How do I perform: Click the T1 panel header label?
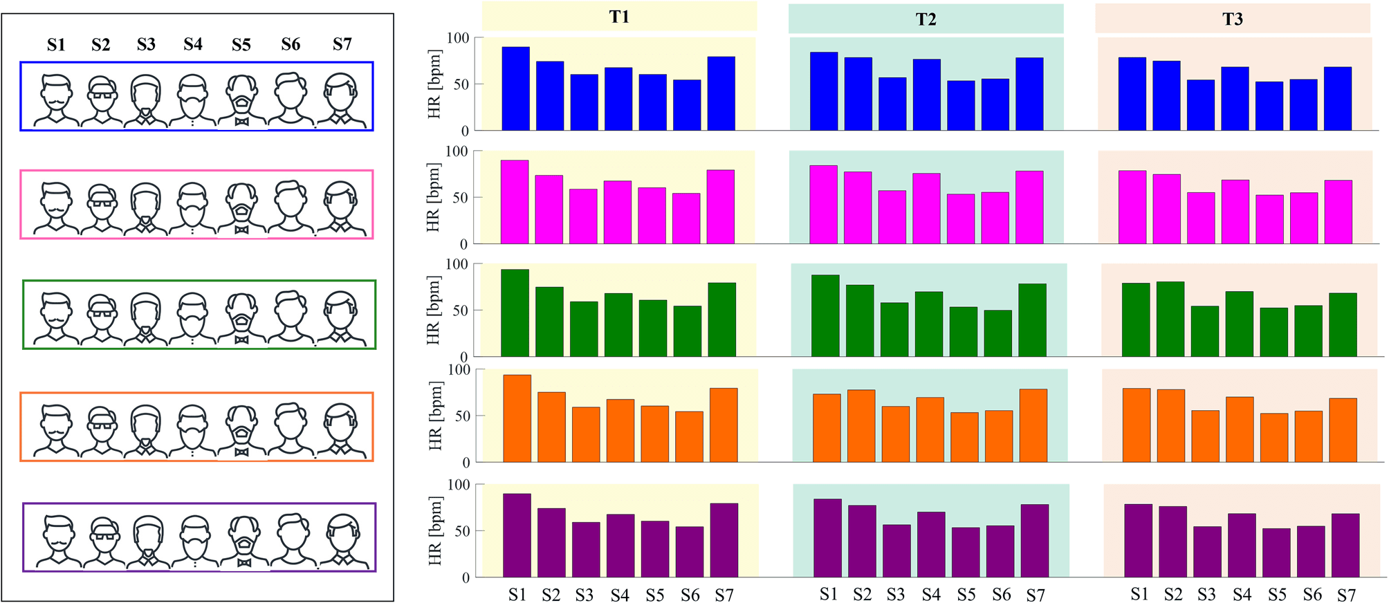(x=619, y=17)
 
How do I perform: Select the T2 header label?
(x=926, y=19)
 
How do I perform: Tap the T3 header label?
(x=1232, y=19)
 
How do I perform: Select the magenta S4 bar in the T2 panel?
(x=926, y=209)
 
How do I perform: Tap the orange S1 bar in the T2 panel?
(x=827, y=428)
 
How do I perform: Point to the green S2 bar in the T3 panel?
(x=1170, y=319)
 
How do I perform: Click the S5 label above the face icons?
(x=241, y=45)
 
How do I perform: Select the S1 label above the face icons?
(x=56, y=45)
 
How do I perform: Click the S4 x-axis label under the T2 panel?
(x=931, y=595)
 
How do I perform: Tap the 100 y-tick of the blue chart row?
(x=457, y=38)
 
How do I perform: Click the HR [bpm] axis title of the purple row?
(x=434, y=530)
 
